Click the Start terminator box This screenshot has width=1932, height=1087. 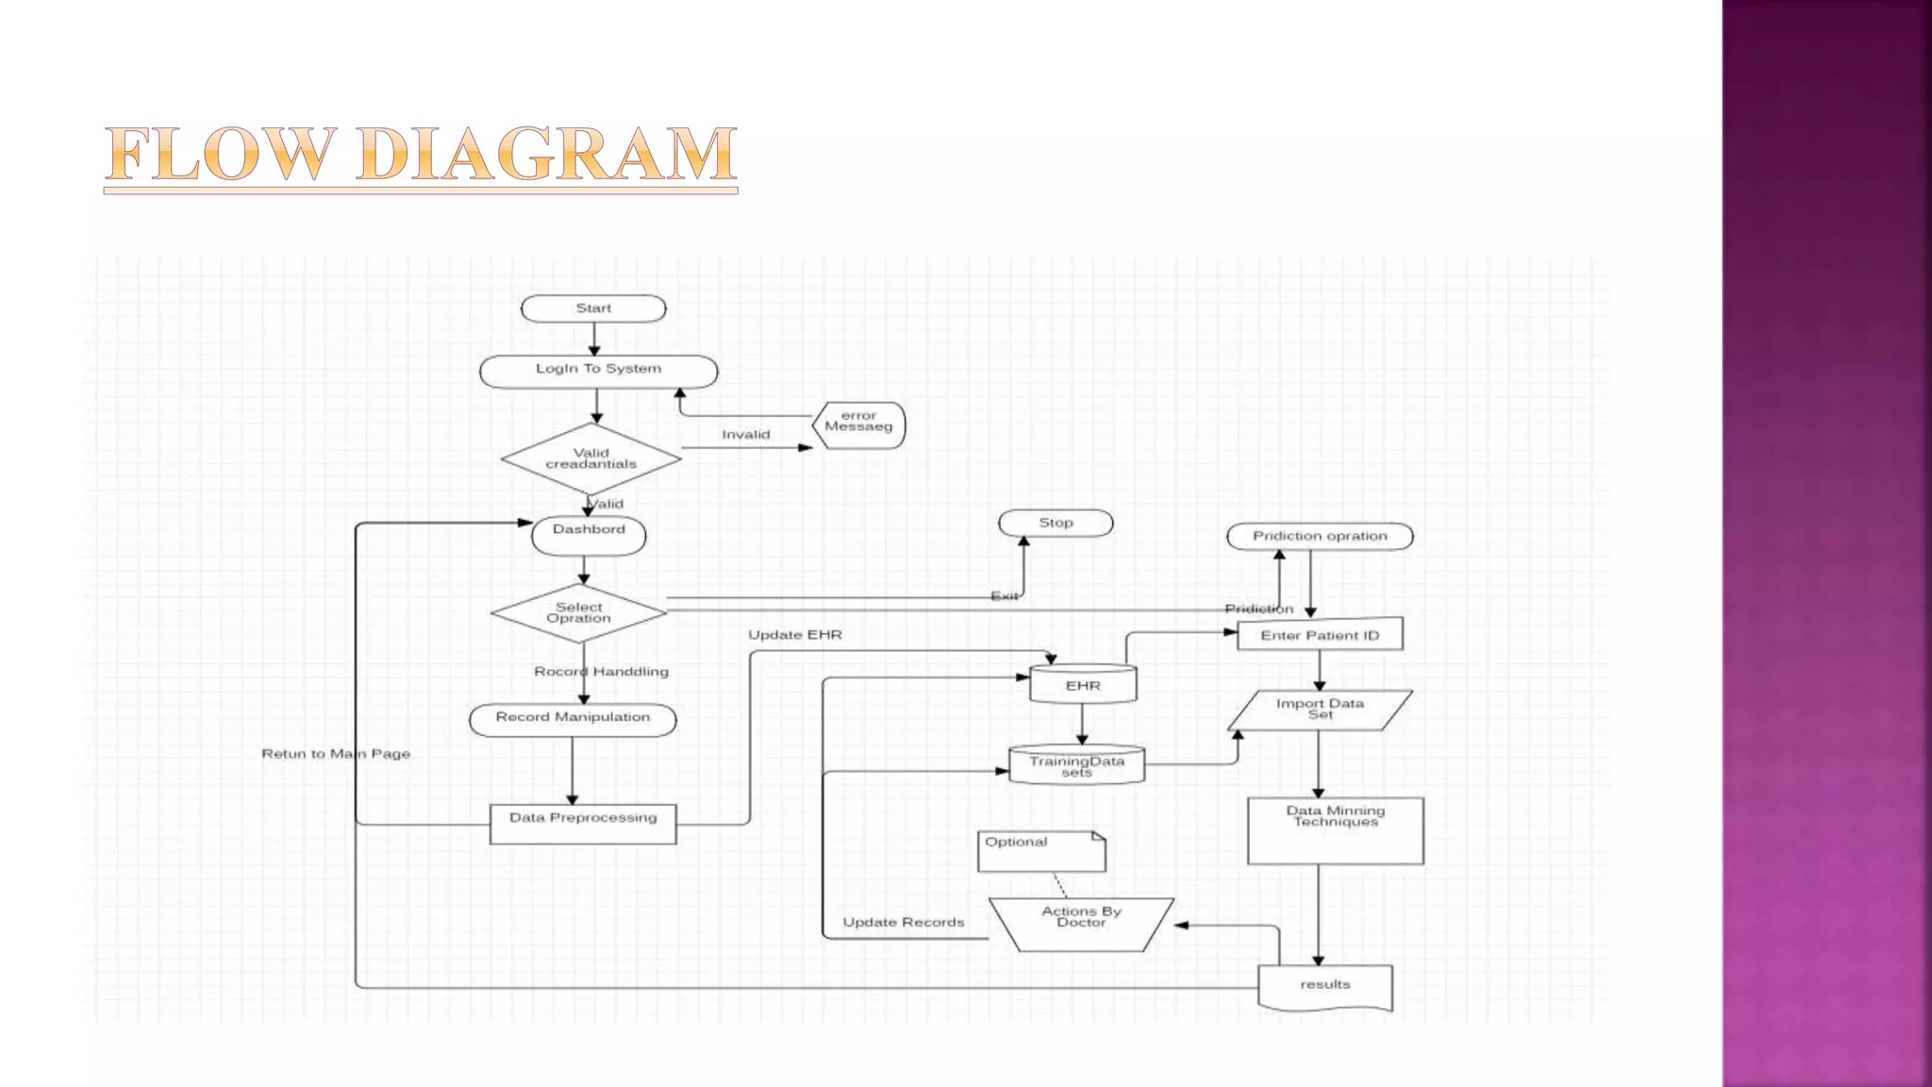593,309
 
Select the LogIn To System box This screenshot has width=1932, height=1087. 598,371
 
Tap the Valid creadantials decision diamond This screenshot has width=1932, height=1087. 591,460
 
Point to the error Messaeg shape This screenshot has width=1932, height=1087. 858,426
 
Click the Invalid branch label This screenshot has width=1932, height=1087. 745,435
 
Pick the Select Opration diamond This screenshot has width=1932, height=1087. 579,613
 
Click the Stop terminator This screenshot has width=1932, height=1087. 1056,523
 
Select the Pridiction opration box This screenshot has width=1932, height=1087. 1320,536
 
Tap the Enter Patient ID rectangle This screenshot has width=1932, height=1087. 1320,635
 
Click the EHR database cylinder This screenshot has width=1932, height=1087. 1083,685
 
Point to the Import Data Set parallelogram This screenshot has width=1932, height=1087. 1320,710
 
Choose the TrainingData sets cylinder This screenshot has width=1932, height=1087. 1076,765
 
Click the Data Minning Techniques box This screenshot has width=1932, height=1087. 1335,830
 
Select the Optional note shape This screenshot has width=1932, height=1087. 1041,851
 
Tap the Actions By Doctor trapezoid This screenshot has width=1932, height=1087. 1081,924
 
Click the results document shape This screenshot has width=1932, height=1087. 1324,986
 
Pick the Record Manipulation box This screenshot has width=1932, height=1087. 573,719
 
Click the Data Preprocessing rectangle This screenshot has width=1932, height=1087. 583,824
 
